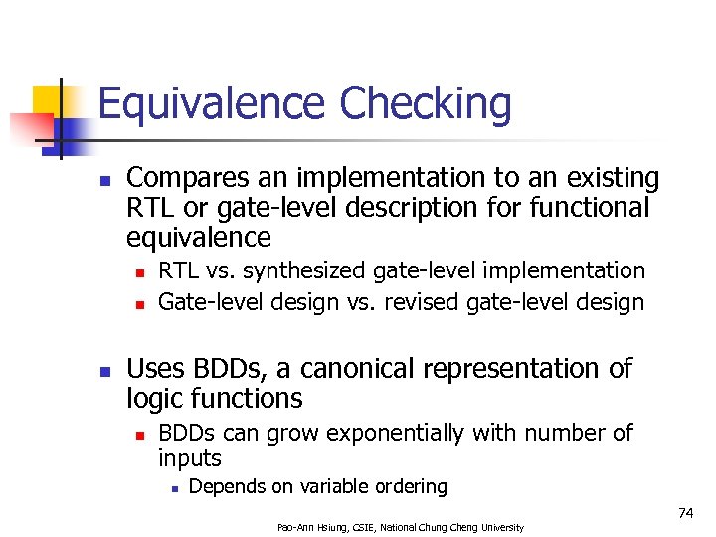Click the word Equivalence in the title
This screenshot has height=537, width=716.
tap(212, 104)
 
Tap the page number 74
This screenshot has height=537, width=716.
tap(685, 512)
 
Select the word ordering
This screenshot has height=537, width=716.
tap(407, 487)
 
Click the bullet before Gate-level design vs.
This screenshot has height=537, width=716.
tap(140, 303)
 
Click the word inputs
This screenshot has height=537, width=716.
tap(190, 458)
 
